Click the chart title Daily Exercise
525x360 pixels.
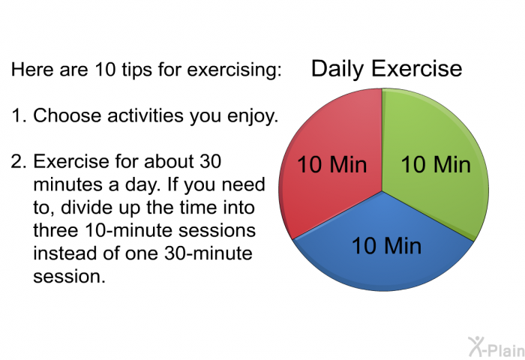(x=387, y=69)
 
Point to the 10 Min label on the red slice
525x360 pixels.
(x=331, y=164)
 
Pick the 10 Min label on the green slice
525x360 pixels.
(x=436, y=164)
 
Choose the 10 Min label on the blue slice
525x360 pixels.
(x=386, y=245)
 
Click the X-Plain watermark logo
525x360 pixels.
(x=496, y=346)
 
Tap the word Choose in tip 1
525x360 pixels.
(x=67, y=115)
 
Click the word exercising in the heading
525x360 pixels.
(x=234, y=70)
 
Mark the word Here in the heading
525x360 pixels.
(x=32, y=69)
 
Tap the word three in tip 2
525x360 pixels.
(x=55, y=230)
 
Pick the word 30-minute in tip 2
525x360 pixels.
(x=208, y=253)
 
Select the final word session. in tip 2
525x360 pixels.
(x=69, y=277)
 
